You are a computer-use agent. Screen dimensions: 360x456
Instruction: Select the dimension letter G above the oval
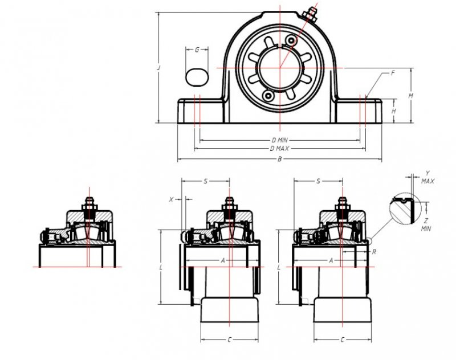point(197,50)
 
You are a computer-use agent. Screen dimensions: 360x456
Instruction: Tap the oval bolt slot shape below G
point(197,75)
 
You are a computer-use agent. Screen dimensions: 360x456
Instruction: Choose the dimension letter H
point(393,111)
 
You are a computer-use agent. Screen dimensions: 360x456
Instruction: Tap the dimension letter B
point(279,159)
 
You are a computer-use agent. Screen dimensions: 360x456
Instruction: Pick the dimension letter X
point(171,199)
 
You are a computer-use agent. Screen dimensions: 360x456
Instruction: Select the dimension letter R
point(373,251)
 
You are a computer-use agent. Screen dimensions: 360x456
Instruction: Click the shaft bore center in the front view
point(279,68)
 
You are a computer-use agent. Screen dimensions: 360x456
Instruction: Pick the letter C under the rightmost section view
point(341,340)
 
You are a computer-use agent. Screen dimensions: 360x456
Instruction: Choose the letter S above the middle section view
point(205,181)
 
